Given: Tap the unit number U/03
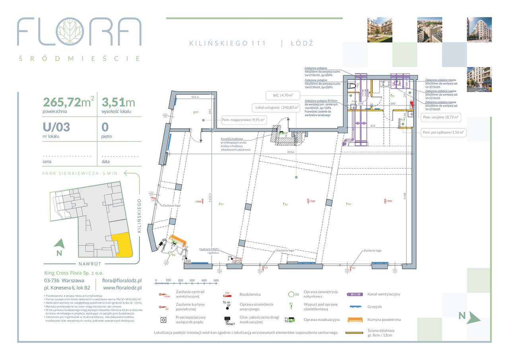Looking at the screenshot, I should [56, 127].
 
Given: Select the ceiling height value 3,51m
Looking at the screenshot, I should [119, 103].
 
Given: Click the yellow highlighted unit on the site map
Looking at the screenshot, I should [121, 244].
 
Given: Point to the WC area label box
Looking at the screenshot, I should [280, 95].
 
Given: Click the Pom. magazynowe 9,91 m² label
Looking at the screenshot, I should [244, 119].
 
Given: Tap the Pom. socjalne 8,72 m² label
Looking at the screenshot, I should [441, 117].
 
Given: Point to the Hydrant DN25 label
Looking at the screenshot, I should [210, 249].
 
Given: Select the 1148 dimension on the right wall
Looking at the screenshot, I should [405, 196].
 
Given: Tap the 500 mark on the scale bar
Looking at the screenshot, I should [216, 281].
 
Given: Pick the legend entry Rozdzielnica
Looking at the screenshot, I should [250, 294].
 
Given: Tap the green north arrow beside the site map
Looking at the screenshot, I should [59, 243].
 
